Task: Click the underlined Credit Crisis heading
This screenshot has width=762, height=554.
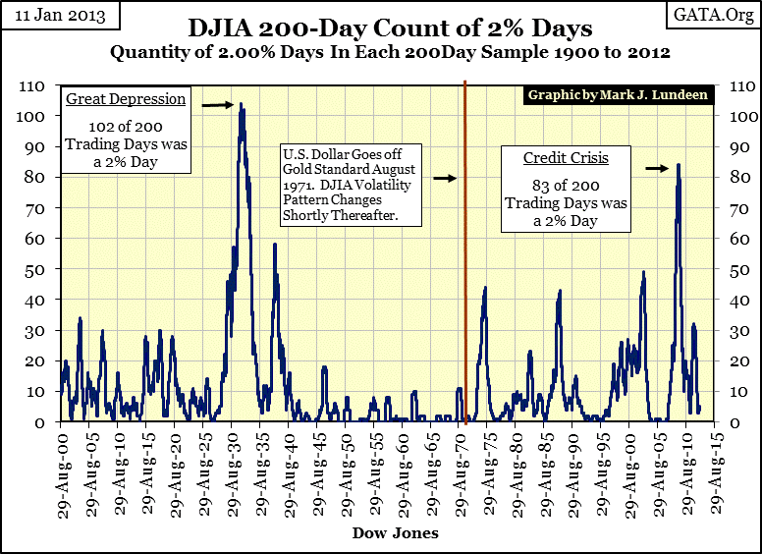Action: tap(565, 158)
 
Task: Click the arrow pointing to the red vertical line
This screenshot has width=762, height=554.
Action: tap(446, 178)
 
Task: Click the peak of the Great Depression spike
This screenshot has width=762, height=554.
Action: tap(242, 104)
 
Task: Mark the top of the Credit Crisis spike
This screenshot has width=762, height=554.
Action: tap(678, 165)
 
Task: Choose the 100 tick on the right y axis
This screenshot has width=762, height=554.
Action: tap(734, 117)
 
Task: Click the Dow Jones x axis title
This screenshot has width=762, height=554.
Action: tap(394, 533)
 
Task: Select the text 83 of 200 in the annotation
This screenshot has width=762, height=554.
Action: tap(566, 186)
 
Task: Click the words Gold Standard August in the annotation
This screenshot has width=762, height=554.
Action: tap(349, 169)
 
